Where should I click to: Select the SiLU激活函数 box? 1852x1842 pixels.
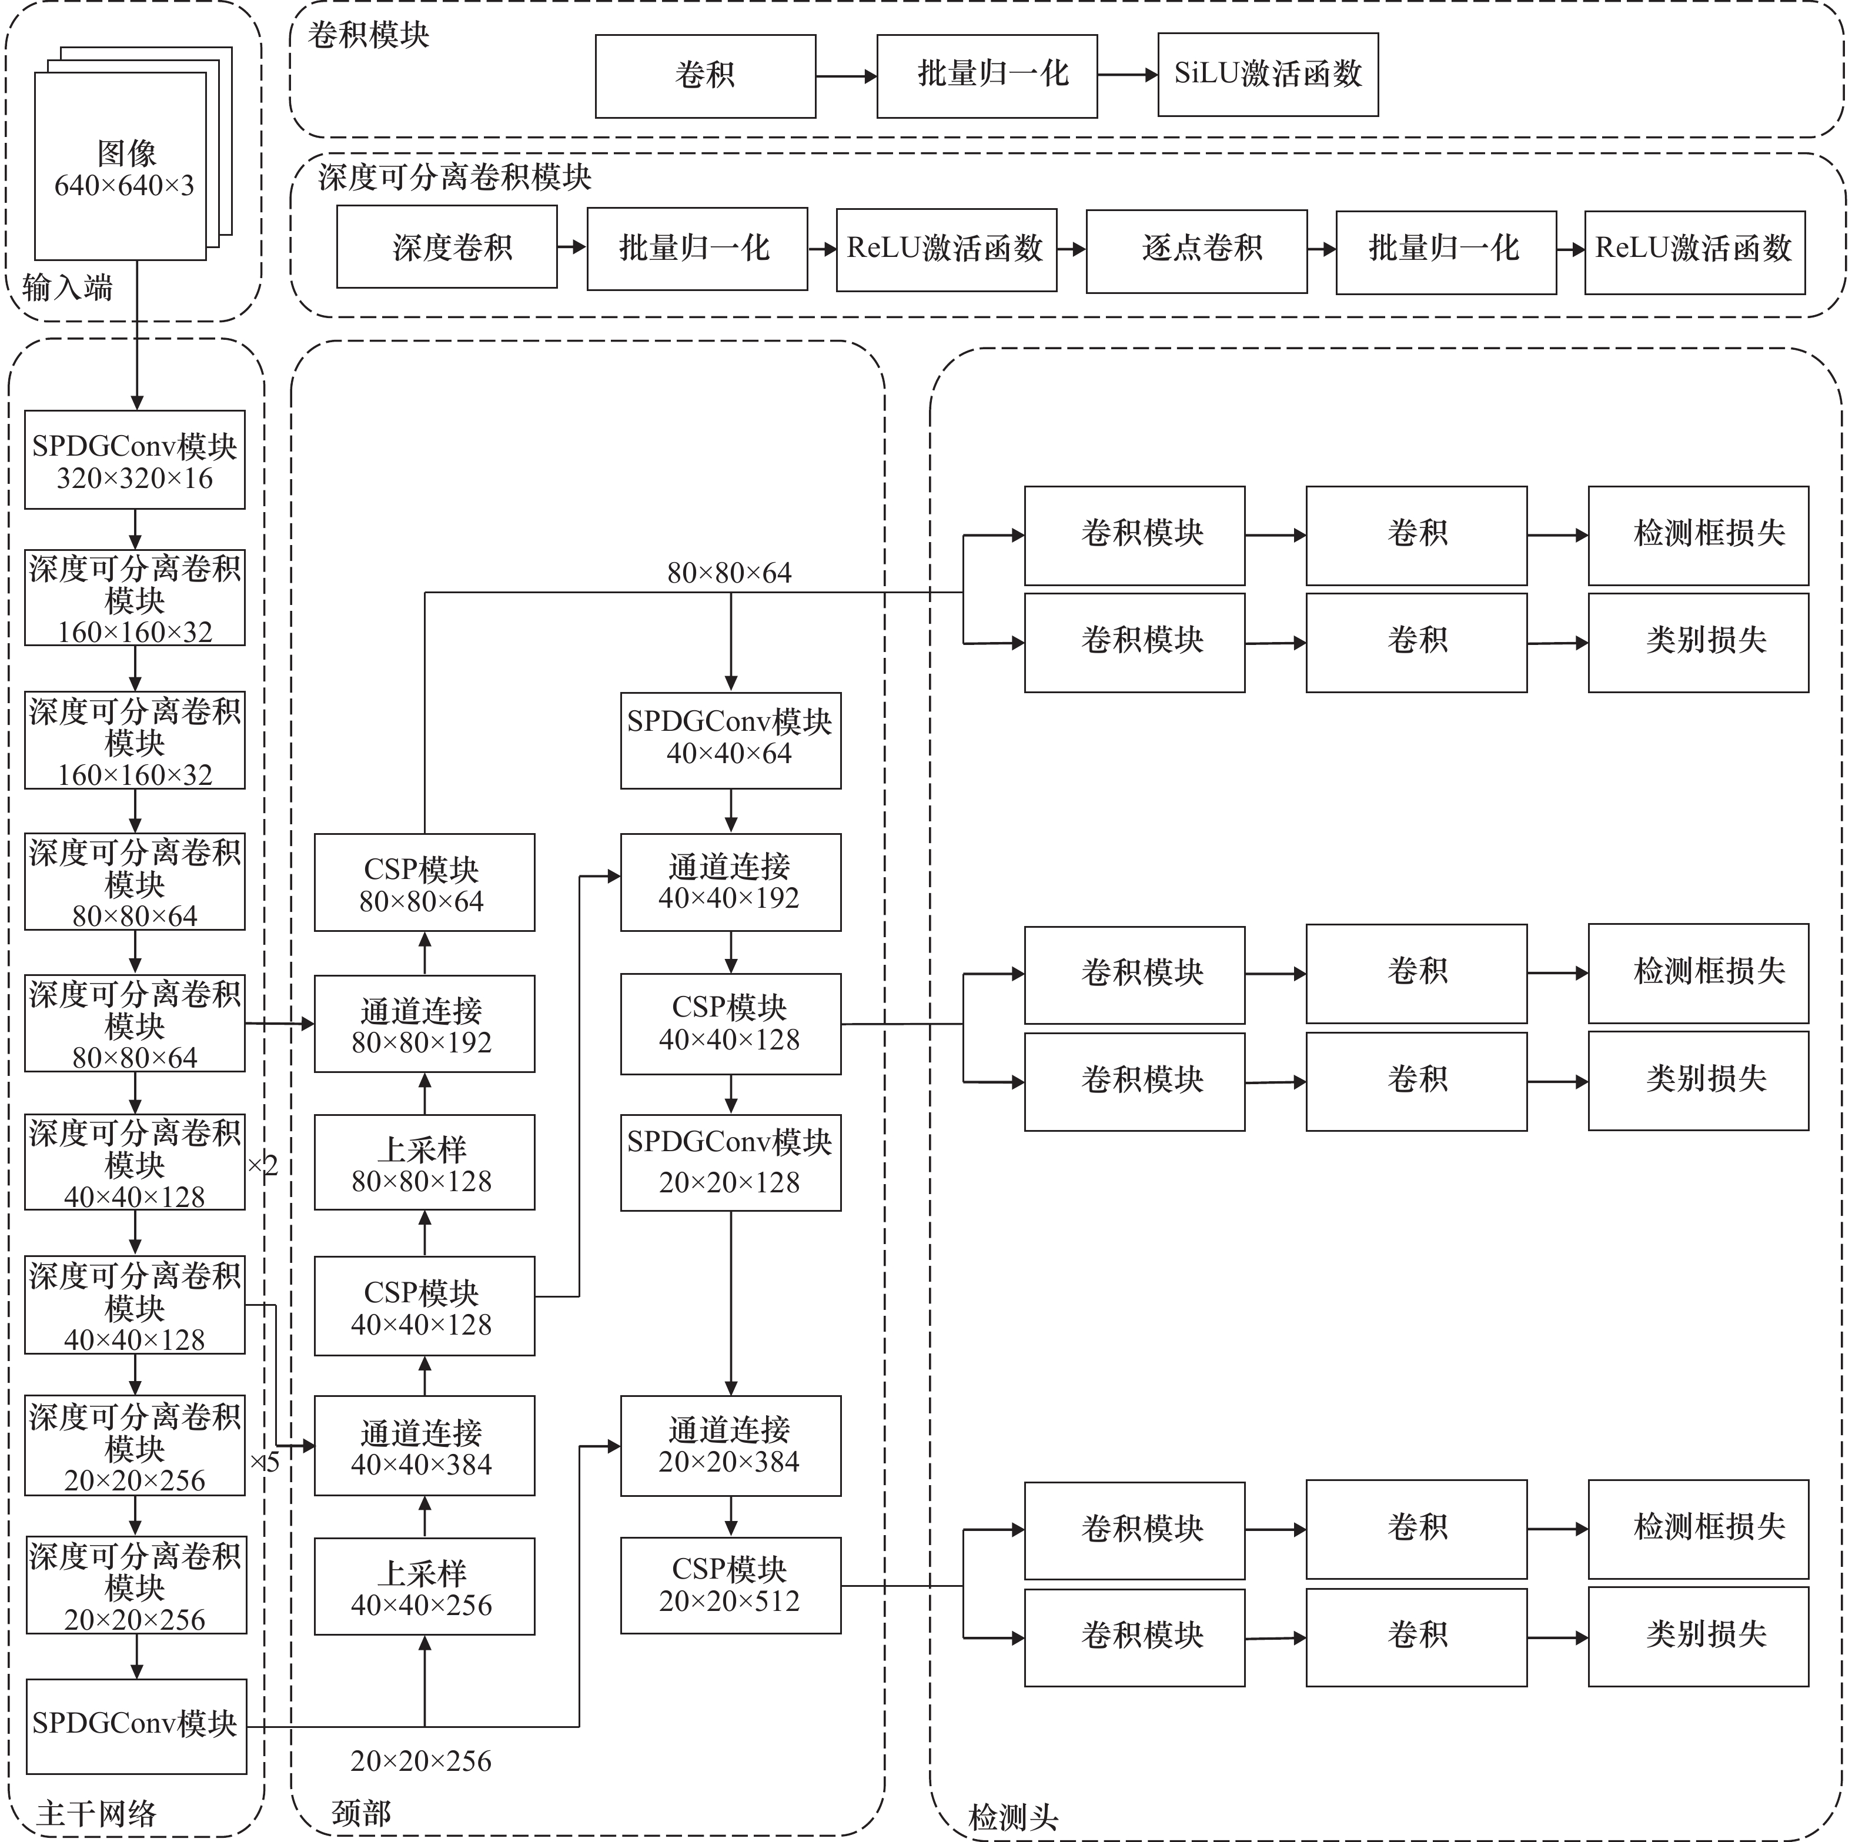coord(1267,75)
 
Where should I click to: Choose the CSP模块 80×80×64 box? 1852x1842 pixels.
coord(424,882)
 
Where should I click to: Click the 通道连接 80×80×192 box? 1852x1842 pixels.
coord(424,1024)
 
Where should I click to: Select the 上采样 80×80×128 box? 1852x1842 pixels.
coord(424,1162)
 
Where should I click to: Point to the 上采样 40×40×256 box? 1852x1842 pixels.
coord(424,1586)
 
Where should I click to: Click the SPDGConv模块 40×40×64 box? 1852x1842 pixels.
coord(730,740)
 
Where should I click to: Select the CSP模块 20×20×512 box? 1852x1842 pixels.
coord(730,1586)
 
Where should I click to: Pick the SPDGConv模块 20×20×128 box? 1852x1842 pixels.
coord(730,1162)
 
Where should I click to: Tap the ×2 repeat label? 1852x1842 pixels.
coord(263,1165)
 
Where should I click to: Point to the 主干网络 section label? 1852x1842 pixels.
coord(96,1812)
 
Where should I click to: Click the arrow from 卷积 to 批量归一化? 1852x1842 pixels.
coord(845,76)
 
